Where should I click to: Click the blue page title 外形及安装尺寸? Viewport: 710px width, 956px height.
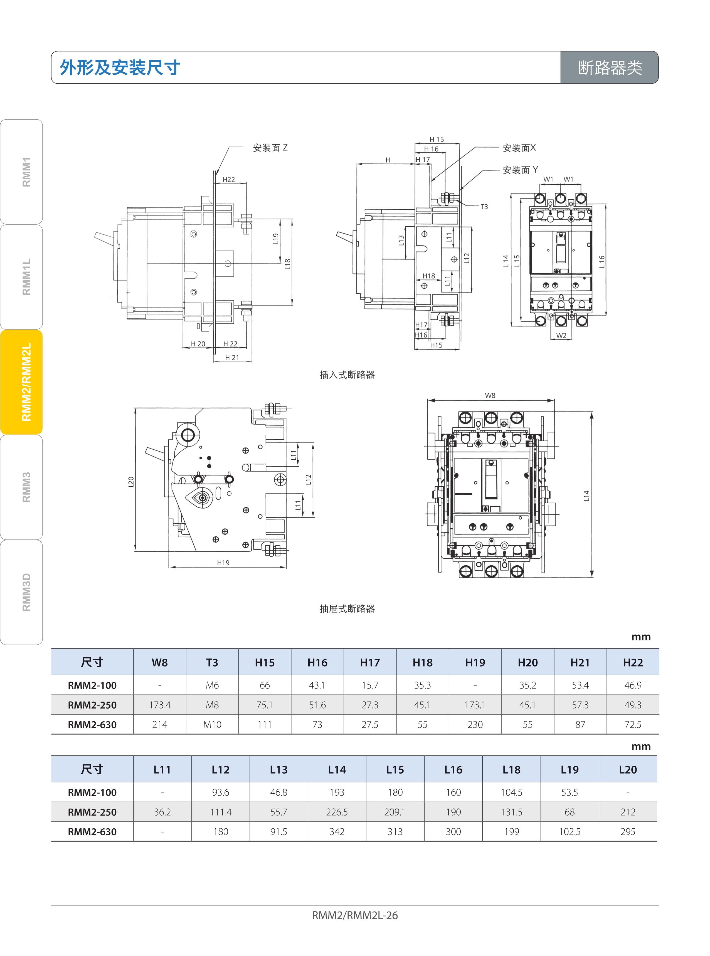120,67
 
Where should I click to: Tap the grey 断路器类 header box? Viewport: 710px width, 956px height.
610,67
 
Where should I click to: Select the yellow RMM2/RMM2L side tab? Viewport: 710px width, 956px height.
21,382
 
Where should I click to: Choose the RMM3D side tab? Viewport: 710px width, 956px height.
21,592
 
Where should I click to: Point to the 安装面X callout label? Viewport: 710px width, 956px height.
519,148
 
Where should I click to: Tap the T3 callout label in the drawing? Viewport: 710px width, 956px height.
484,207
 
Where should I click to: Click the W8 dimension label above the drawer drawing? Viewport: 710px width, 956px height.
490,395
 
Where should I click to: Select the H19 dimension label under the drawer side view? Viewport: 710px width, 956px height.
223,563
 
